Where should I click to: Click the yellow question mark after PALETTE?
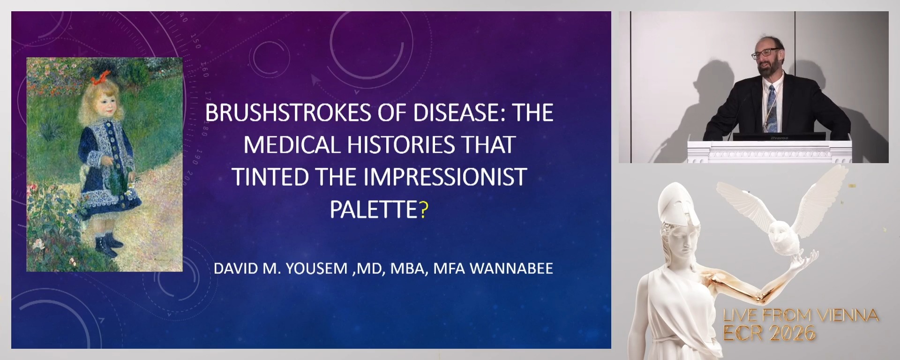click(x=424, y=210)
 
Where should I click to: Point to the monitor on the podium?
click(x=779, y=136)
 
